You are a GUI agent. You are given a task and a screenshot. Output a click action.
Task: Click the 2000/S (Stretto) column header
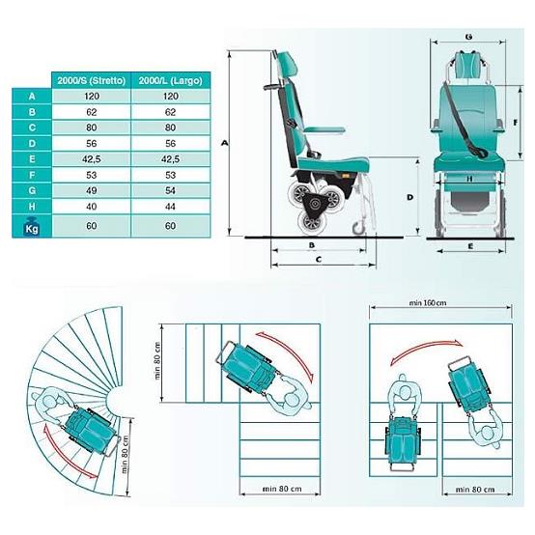click(x=92, y=81)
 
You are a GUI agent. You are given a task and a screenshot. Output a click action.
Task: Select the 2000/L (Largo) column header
click(x=170, y=81)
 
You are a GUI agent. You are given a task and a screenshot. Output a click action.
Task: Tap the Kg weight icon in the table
click(x=32, y=226)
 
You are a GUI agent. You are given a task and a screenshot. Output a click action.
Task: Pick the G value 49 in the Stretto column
click(x=92, y=190)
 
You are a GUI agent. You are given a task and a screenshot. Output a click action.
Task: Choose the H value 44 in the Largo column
click(x=170, y=207)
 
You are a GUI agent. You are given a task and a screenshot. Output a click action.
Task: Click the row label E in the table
click(x=32, y=159)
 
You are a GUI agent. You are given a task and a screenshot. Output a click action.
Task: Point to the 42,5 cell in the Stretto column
click(x=92, y=159)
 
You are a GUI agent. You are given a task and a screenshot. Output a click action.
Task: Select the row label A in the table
click(x=32, y=97)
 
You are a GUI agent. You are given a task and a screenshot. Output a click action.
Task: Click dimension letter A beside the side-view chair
click(x=224, y=143)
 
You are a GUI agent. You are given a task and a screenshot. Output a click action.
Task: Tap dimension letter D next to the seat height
click(x=410, y=197)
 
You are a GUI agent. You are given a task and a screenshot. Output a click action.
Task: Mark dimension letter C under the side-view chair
click(x=319, y=260)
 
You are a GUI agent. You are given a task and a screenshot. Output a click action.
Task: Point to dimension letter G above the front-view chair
click(x=468, y=36)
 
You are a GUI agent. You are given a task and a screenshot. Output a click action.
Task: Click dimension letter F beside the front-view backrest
click(x=516, y=123)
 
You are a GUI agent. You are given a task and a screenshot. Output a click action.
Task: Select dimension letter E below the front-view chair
click(x=470, y=246)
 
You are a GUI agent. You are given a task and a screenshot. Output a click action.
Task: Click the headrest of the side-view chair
click(x=288, y=64)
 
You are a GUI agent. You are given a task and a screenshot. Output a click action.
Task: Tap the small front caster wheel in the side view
click(x=359, y=228)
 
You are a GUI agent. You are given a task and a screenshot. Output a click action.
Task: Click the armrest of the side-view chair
click(x=324, y=130)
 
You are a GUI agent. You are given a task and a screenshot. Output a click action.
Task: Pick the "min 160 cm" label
click(x=428, y=302)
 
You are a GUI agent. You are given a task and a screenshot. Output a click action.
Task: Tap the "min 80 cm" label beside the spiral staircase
click(x=125, y=455)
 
